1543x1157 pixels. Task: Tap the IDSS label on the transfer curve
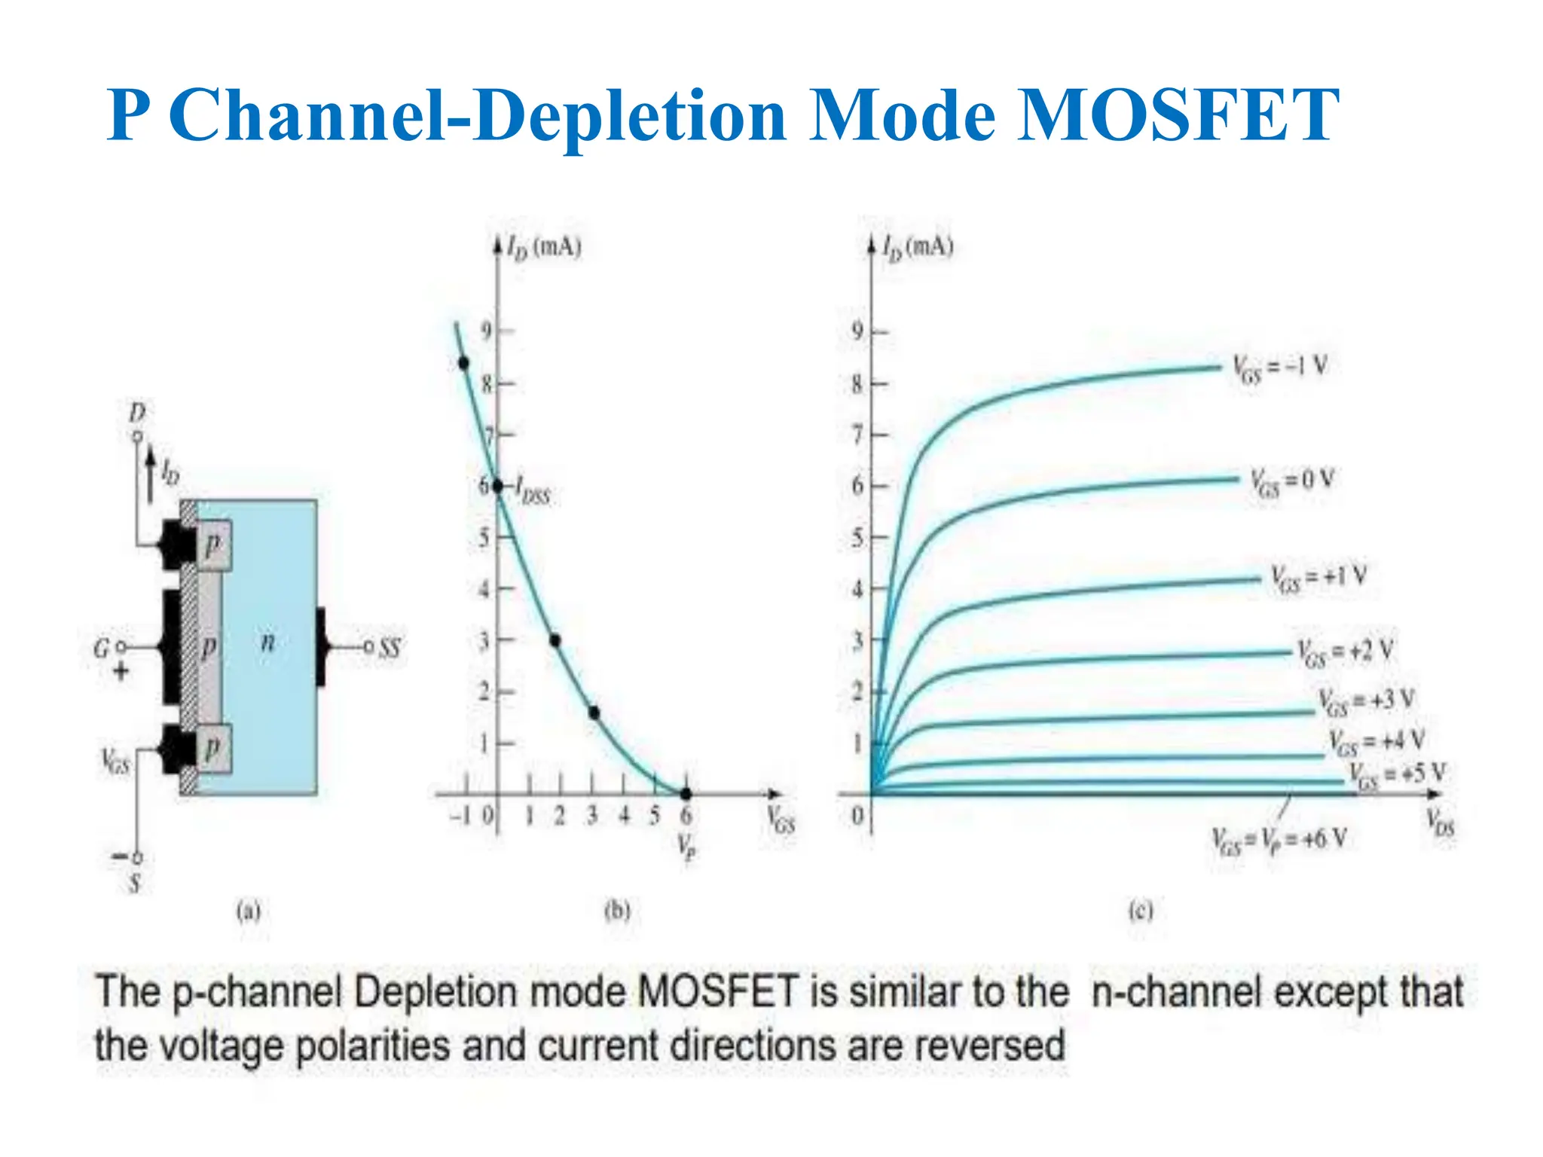point(533,493)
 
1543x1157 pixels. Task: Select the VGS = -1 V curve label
point(1279,368)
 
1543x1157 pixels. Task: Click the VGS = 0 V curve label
point(1292,482)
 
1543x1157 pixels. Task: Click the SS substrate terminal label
point(390,647)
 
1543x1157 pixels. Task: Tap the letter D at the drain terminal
point(137,413)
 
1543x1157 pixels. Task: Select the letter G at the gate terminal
point(102,648)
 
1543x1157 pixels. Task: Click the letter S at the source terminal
point(136,882)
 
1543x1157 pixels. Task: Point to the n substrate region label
point(267,642)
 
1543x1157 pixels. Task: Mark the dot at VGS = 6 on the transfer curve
point(686,794)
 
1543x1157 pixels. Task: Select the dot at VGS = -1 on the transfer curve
point(464,364)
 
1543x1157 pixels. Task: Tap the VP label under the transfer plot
point(686,847)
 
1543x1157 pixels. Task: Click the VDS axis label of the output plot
point(1440,823)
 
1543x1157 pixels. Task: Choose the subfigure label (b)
point(617,911)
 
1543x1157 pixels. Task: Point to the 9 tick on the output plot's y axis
point(857,331)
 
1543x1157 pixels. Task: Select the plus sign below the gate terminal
point(121,670)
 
